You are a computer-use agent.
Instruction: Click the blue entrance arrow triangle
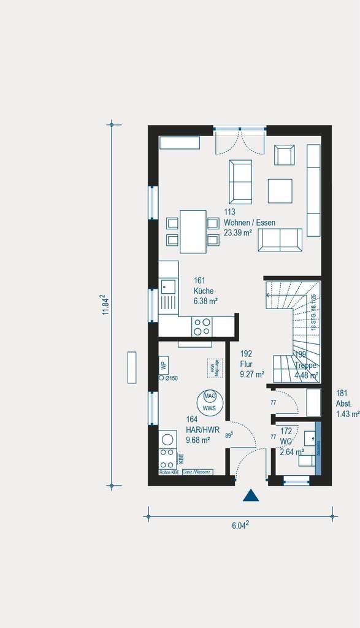[250, 496]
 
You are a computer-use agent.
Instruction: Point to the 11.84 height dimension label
[105, 304]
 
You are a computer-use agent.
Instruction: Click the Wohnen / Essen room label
[250, 223]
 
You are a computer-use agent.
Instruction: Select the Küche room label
[204, 291]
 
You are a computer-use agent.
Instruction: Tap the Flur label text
[246, 364]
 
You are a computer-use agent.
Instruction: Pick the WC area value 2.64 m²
[293, 452]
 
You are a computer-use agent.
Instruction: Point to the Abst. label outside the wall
[343, 404]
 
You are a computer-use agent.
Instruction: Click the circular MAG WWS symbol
[210, 402]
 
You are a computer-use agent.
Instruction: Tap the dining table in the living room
[193, 231]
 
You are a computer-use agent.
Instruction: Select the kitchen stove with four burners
[202, 326]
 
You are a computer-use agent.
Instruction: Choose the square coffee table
[280, 190]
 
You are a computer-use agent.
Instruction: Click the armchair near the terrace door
[284, 155]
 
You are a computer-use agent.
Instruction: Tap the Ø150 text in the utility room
[171, 378]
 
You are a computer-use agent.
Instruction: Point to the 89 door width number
[228, 435]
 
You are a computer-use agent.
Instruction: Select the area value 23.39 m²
[238, 232]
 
